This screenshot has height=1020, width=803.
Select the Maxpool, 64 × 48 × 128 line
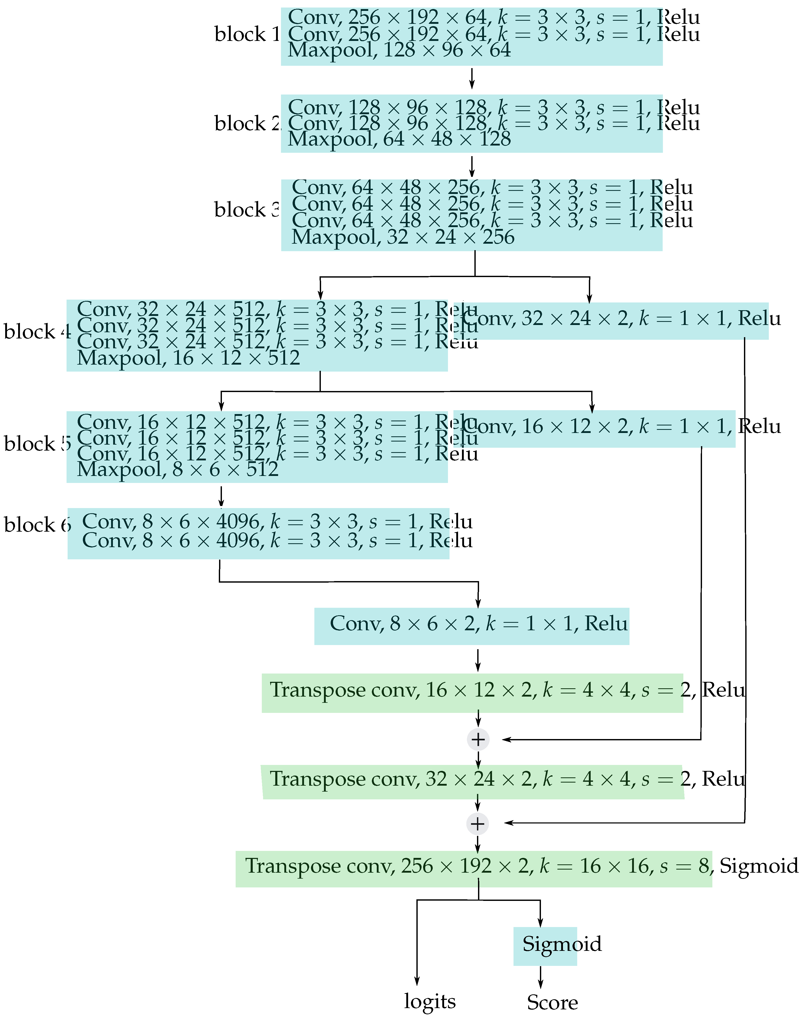tap(399, 139)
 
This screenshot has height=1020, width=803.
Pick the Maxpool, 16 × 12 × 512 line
tap(188, 358)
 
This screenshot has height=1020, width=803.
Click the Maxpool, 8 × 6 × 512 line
tap(178, 469)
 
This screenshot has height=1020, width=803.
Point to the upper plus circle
tap(478, 739)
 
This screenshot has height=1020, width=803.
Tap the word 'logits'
tap(430, 1001)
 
